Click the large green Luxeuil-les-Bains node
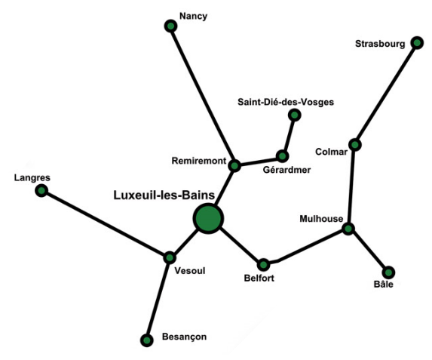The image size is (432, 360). point(208,218)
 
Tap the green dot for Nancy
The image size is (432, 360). point(171,26)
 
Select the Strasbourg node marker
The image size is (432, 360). point(417,43)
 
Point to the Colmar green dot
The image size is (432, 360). point(355,145)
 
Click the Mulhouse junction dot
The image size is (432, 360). point(348,229)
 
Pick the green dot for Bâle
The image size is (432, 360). point(388,272)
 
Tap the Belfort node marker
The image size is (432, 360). point(264,265)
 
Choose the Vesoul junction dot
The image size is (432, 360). point(170,257)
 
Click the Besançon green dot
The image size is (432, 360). point(147,340)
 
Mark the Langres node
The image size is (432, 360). point(41,190)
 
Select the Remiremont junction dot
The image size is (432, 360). point(234,166)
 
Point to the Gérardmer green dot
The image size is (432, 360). point(282,156)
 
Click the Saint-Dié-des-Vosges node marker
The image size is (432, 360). point(295,115)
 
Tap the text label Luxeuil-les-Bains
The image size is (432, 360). point(164,195)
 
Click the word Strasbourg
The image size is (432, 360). point(380,44)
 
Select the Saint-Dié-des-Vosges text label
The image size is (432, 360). point(286,102)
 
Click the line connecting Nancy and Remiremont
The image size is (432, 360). point(203,96)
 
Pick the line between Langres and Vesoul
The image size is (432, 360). point(106,224)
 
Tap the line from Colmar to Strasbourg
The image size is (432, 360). point(386,94)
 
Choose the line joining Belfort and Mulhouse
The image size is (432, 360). point(306,248)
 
